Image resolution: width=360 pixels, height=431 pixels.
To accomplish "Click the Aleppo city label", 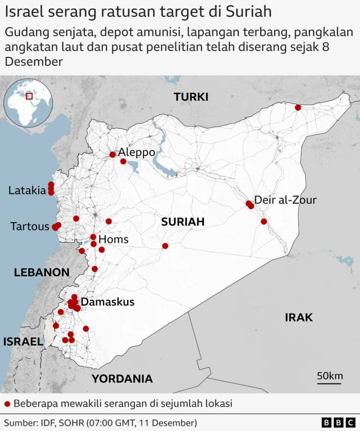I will (x=136, y=152).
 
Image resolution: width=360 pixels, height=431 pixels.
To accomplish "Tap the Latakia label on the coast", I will (x=27, y=191).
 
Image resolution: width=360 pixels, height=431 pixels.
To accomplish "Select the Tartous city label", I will (x=30, y=227).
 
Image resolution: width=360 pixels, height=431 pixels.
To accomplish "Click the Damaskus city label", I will (x=107, y=302).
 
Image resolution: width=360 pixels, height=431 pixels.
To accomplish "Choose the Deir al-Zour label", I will (x=285, y=200).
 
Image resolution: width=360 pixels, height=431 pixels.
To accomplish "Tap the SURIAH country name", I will (x=182, y=222).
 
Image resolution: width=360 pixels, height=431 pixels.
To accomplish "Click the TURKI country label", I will (x=191, y=97).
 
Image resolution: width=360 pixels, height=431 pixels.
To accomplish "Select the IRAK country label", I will (x=298, y=317).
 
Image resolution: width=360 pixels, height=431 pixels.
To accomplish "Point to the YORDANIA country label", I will (x=122, y=379).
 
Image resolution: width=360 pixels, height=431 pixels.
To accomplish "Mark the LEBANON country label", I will (x=42, y=272).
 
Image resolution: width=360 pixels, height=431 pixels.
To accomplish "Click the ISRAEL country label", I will (x=22, y=342).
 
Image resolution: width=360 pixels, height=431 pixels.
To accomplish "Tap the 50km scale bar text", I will (x=330, y=376).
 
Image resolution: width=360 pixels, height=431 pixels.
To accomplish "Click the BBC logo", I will (x=338, y=423).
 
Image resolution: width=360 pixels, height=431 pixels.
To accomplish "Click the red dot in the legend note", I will (x=7, y=403).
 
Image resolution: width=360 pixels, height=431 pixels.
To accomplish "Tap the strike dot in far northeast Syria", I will (x=298, y=107).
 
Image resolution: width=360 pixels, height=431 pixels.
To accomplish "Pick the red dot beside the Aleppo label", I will (x=112, y=154).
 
